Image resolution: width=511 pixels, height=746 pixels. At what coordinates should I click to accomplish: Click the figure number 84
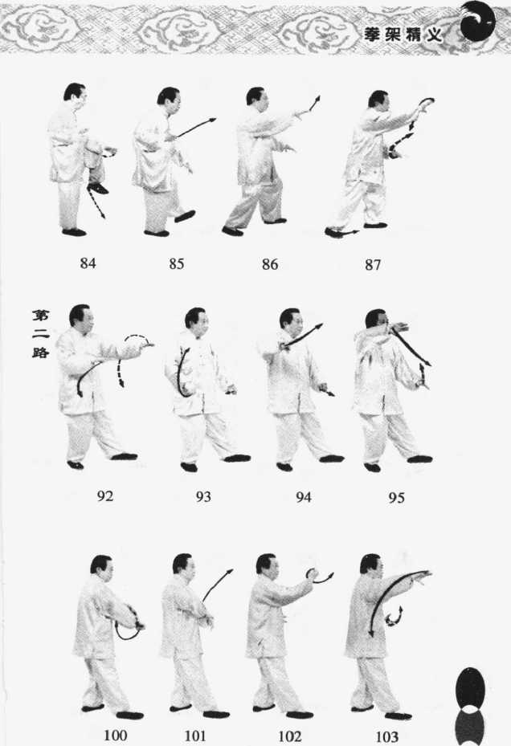click(x=88, y=263)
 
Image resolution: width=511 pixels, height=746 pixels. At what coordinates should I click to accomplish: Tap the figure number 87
click(x=373, y=264)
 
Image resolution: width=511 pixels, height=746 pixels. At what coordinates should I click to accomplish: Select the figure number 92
click(x=104, y=496)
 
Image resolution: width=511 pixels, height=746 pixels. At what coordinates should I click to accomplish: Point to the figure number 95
click(x=396, y=498)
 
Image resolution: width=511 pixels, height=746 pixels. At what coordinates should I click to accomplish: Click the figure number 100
click(x=115, y=736)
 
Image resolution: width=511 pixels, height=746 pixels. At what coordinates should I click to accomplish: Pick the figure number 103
click(x=386, y=737)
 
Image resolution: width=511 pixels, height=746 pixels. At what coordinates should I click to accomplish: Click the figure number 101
click(x=195, y=736)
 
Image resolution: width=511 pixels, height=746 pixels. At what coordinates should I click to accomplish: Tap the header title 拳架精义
click(x=403, y=35)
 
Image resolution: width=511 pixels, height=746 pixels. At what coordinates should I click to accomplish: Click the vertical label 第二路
click(x=41, y=333)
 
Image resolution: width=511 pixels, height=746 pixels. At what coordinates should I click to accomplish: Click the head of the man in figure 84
click(x=76, y=95)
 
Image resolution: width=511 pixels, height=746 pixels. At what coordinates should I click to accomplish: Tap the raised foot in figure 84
click(x=99, y=189)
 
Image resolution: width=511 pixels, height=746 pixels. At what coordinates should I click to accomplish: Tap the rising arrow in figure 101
click(x=217, y=585)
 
